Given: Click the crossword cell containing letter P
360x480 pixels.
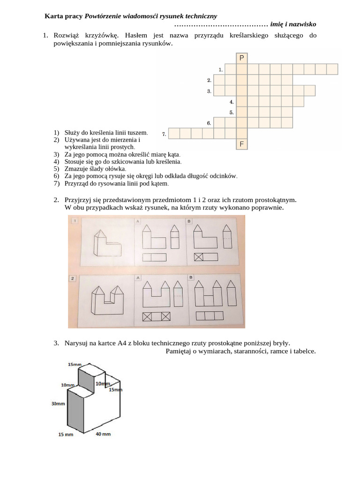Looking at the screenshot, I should [x=241, y=58].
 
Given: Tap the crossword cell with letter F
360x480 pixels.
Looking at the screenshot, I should [x=241, y=144].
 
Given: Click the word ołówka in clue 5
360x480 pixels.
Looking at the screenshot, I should [x=116, y=169].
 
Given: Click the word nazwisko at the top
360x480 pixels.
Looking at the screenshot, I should [x=301, y=24].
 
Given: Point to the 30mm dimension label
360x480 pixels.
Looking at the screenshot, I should [x=58, y=403].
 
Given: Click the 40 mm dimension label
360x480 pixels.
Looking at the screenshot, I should [x=103, y=435].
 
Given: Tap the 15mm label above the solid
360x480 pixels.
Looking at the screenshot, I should [x=75, y=364].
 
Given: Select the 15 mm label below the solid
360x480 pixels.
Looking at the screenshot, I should [x=66, y=435].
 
